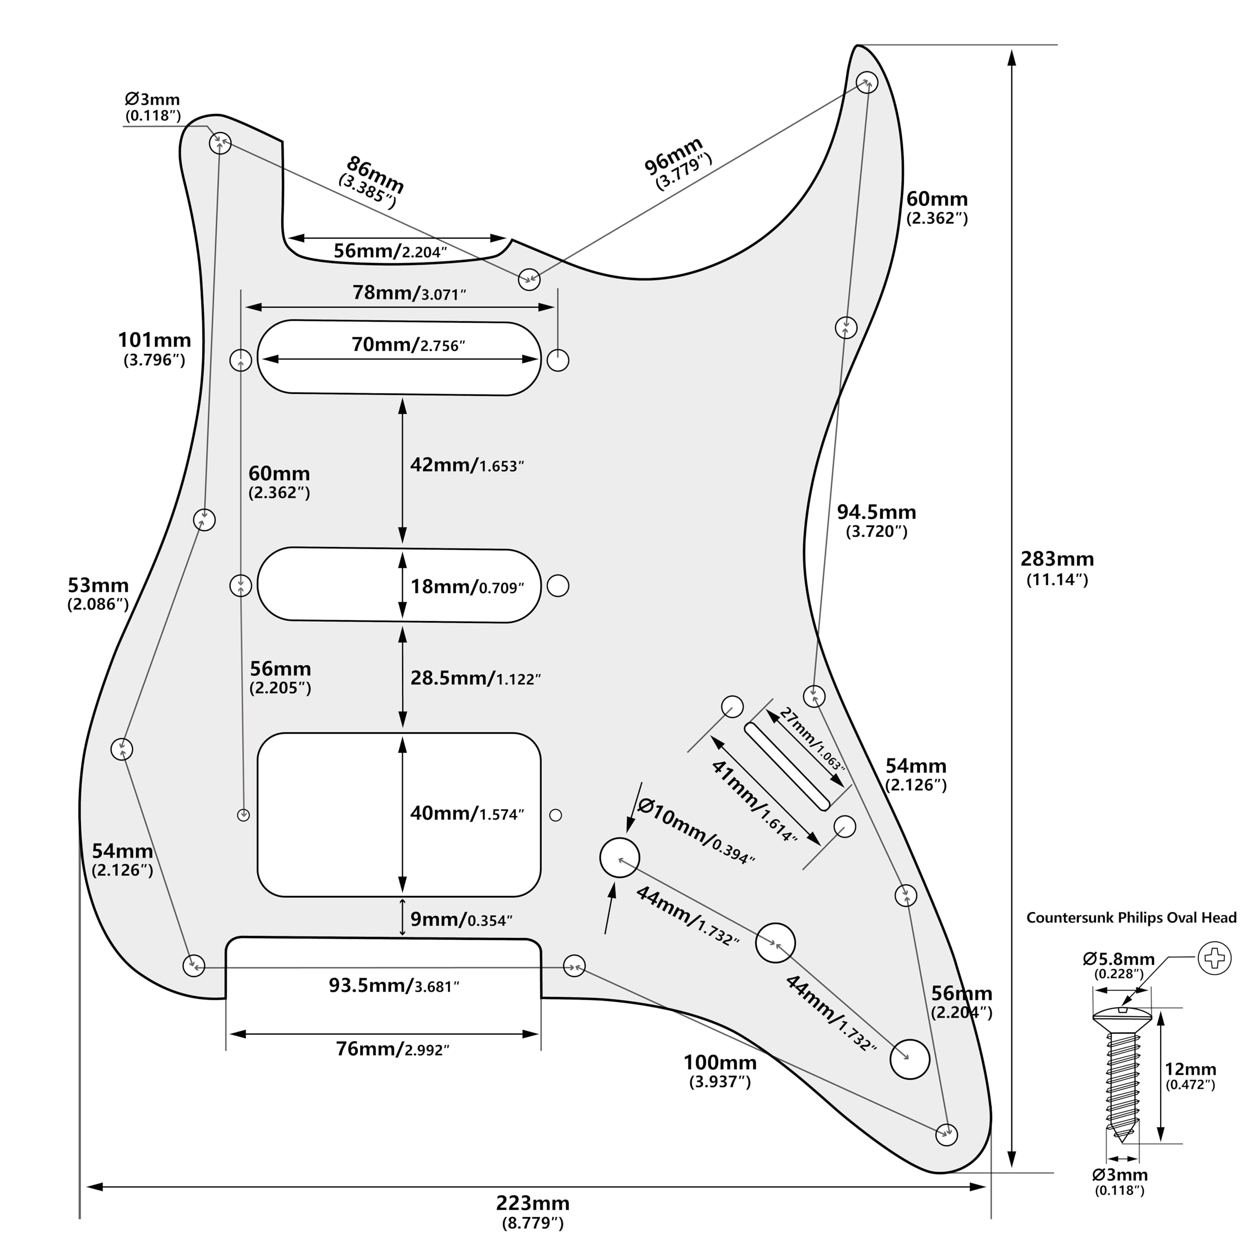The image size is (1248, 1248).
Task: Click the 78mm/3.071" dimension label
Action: pos(409,293)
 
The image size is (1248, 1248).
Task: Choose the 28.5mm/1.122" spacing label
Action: pos(475,678)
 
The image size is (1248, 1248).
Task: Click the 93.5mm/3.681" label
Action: pos(394,986)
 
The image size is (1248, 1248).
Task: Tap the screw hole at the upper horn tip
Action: pos(867,83)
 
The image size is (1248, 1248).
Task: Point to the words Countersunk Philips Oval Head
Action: pos(1131,918)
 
